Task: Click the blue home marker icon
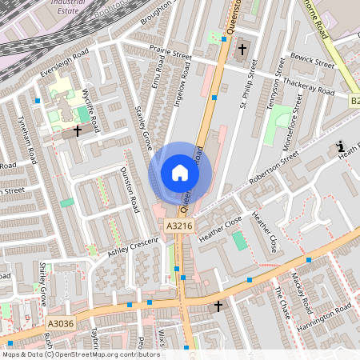(180, 173)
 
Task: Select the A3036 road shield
(60, 323)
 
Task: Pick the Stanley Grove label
(144, 128)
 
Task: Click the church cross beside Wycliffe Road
(78, 130)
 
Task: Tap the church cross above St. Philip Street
(242, 50)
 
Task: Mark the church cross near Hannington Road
(218, 306)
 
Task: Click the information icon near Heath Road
(341, 147)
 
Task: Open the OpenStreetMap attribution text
(80, 354)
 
